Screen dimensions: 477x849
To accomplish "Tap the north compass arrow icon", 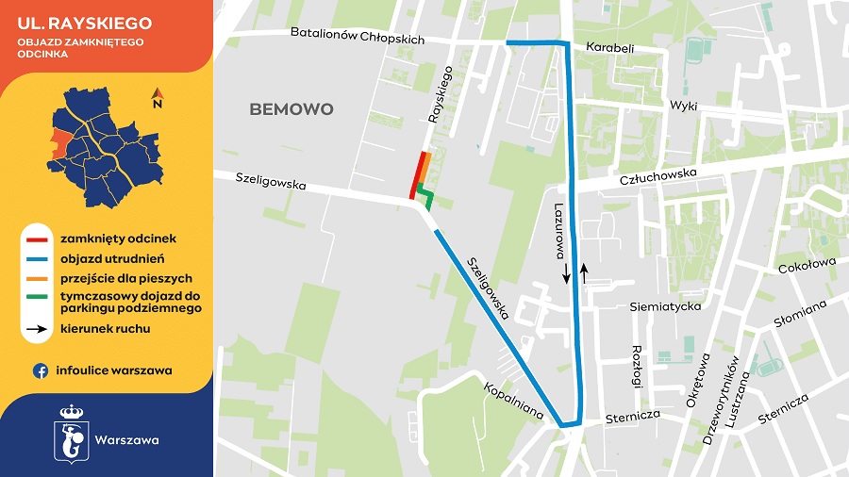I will click(158, 96).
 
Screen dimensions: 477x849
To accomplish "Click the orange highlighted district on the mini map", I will click(58, 141).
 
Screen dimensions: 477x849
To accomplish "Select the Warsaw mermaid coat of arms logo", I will click(72, 434).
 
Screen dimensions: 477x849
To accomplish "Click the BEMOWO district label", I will click(291, 109).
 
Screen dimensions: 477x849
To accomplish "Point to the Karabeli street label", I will click(609, 47).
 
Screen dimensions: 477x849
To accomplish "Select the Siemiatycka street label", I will click(665, 306).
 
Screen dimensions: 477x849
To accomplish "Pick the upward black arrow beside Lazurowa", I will click(584, 272).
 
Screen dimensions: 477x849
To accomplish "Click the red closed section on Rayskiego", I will click(418, 175).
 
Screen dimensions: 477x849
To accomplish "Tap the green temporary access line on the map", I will click(426, 198).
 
